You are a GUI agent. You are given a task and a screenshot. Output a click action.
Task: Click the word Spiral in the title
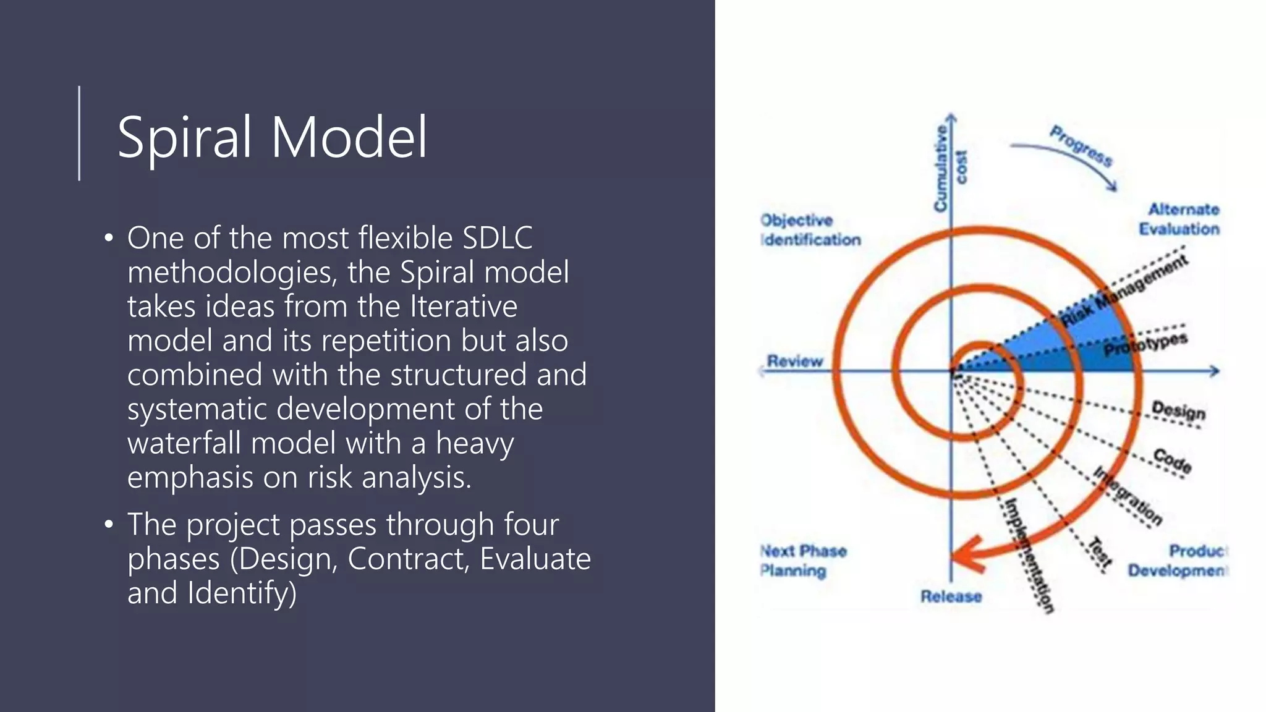(184, 137)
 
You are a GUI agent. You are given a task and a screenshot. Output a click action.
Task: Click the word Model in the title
(349, 137)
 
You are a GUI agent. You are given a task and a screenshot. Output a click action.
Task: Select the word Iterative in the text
(464, 307)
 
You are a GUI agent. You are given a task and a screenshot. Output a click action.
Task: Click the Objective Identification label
(810, 230)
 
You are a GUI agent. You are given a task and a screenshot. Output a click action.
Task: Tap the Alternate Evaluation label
(1179, 219)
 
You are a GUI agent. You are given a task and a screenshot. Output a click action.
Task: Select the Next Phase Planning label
(802, 561)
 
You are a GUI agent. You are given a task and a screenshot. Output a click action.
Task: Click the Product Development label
(1178, 561)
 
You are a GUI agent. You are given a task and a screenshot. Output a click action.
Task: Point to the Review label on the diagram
(795, 361)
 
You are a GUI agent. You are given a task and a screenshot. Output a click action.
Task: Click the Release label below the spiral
(951, 596)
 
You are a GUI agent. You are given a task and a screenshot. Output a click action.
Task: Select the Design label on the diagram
(1178, 410)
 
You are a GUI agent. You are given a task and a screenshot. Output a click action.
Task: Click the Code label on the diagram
(1172, 460)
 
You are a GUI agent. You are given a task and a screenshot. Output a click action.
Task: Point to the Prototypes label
(1145, 345)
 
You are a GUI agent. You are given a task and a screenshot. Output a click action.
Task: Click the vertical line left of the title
(79, 133)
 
